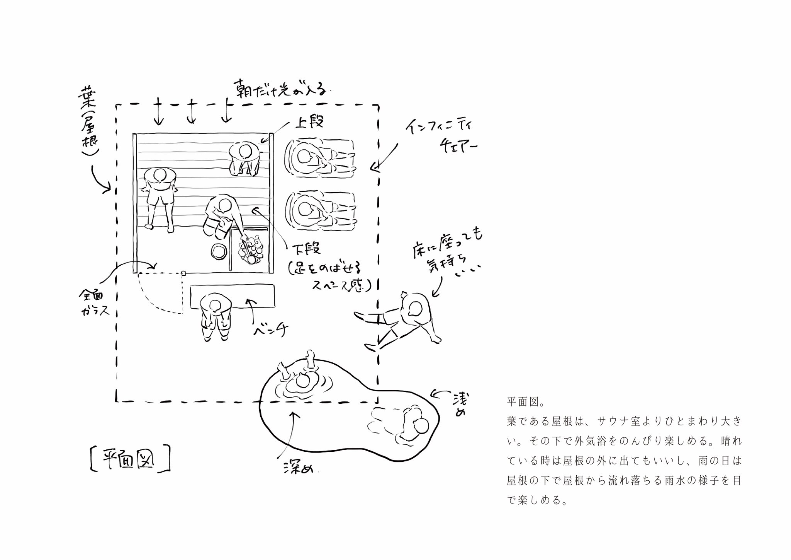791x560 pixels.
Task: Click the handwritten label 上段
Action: (309, 121)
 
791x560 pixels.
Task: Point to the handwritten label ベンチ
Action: (271, 330)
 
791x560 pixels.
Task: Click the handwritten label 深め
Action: (297, 468)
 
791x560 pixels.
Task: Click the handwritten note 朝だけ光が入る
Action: (281, 90)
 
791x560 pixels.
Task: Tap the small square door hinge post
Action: (183, 273)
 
